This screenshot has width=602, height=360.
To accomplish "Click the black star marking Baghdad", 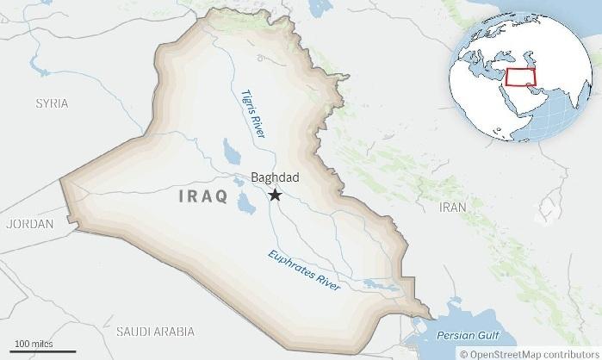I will pyautogui.click(x=275, y=196).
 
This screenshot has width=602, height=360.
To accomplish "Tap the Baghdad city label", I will pyautogui.click(x=275, y=177).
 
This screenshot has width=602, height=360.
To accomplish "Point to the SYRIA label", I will pyautogui.click(x=52, y=103).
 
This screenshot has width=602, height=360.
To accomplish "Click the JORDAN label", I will pyautogui.click(x=29, y=223).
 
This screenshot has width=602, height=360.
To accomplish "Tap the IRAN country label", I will pyautogui.click(x=452, y=208).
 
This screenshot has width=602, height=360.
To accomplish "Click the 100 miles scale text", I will pyautogui.click(x=34, y=344).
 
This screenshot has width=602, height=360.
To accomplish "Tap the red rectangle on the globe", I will pyautogui.click(x=521, y=78).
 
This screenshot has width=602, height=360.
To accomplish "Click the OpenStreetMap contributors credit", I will pyautogui.click(x=530, y=353).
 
